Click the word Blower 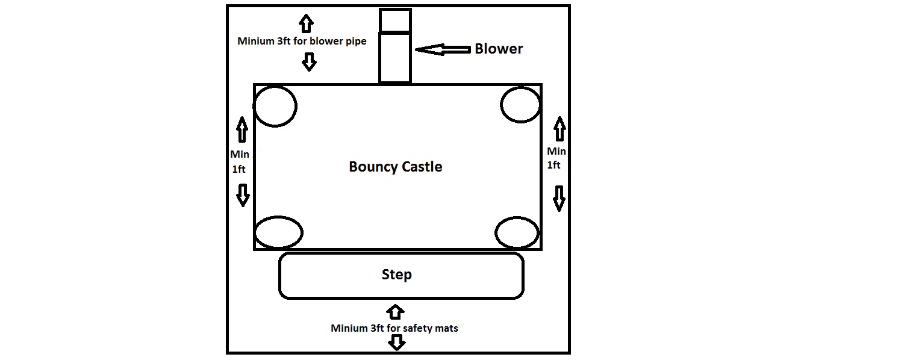pos(499,49)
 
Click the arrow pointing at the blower pos(443,50)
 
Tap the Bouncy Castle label pos(396,167)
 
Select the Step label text pos(397,275)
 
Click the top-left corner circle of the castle pos(275,106)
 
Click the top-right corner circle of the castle pos(520,105)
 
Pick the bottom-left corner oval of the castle pos(278,232)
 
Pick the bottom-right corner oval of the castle pos(517,232)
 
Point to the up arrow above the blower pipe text pos(307,23)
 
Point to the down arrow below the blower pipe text pos(309,61)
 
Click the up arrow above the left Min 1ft pos(242,129)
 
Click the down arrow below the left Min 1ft pos(242,195)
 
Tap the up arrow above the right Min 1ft pos(559,128)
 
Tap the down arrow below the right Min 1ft pos(559,198)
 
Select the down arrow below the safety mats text pos(396,343)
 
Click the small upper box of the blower pos(395,20)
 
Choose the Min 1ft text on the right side pos(556,158)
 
